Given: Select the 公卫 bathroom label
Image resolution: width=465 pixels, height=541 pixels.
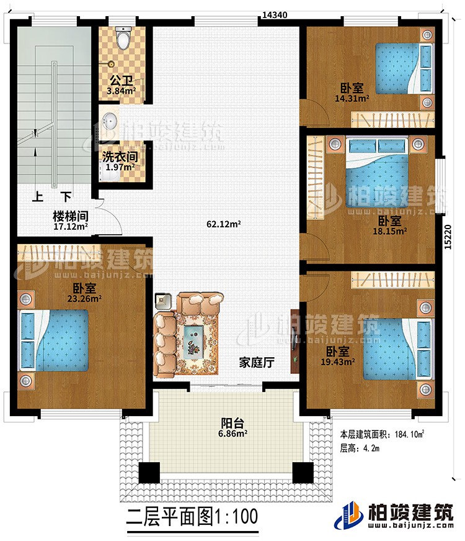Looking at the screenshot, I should click(x=122, y=81).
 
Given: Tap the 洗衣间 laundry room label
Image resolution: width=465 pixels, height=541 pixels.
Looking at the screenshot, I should click(x=121, y=157).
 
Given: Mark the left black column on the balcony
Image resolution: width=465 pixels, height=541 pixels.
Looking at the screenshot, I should click(x=149, y=473).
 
